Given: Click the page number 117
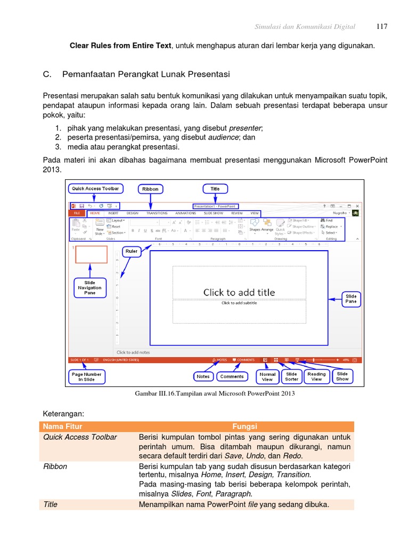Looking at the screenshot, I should (x=381, y=27).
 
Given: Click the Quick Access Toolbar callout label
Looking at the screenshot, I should (x=95, y=188).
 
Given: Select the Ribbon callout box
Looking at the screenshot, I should (x=150, y=189).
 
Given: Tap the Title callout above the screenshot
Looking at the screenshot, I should (x=215, y=188).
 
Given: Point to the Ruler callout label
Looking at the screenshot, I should (x=131, y=251).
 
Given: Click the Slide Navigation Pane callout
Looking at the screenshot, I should (x=89, y=287).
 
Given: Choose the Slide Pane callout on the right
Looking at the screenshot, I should (x=351, y=299).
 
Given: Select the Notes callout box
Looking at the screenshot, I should (x=203, y=376).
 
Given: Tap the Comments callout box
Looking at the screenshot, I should (x=232, y=376).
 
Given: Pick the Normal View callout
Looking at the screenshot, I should (x=267, y=377).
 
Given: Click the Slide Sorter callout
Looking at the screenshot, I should (x=292, y=377).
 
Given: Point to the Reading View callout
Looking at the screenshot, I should (x=316, y=377).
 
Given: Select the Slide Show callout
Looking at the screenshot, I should (x=342, y=377).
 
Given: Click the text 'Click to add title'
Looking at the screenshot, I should (x=239, y=292).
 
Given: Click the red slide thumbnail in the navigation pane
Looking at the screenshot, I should (x=91, y=254).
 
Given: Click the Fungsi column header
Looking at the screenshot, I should (x=245, y=426).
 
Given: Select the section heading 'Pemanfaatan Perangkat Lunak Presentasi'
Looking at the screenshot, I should (x=146, y=74).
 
